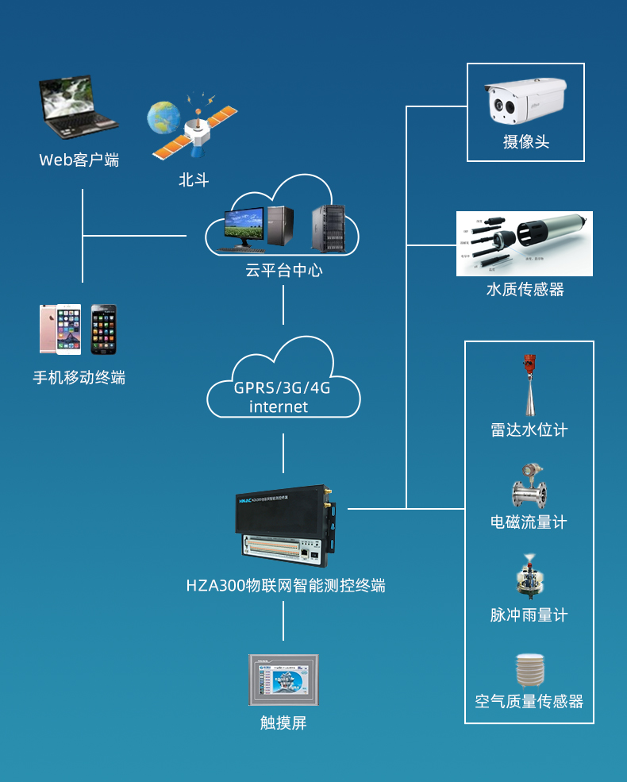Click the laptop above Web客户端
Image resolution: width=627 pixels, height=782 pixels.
click(x=77, y=106)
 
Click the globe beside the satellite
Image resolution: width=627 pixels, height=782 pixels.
click(x=164, y=118)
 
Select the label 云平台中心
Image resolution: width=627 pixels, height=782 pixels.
click(x=283, y=270)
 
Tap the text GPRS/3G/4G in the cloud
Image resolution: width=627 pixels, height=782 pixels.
click(x=282, y=388)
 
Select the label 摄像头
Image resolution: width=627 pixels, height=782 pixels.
click(x=525, y=142)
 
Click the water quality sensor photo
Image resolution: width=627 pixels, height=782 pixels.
click(x=524, y=243)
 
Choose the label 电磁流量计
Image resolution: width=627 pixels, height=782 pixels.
click(x=529, y=522)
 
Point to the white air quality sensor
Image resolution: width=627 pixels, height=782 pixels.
click(x=529, y=670)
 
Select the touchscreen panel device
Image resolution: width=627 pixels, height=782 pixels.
click(x=283, y=680)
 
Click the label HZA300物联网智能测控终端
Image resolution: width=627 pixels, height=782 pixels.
click(x=285, y=586)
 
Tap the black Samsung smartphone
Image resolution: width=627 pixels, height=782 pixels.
click(x=103, y=329)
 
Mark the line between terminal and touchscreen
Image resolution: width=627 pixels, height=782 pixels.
click(x=283, y=621)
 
